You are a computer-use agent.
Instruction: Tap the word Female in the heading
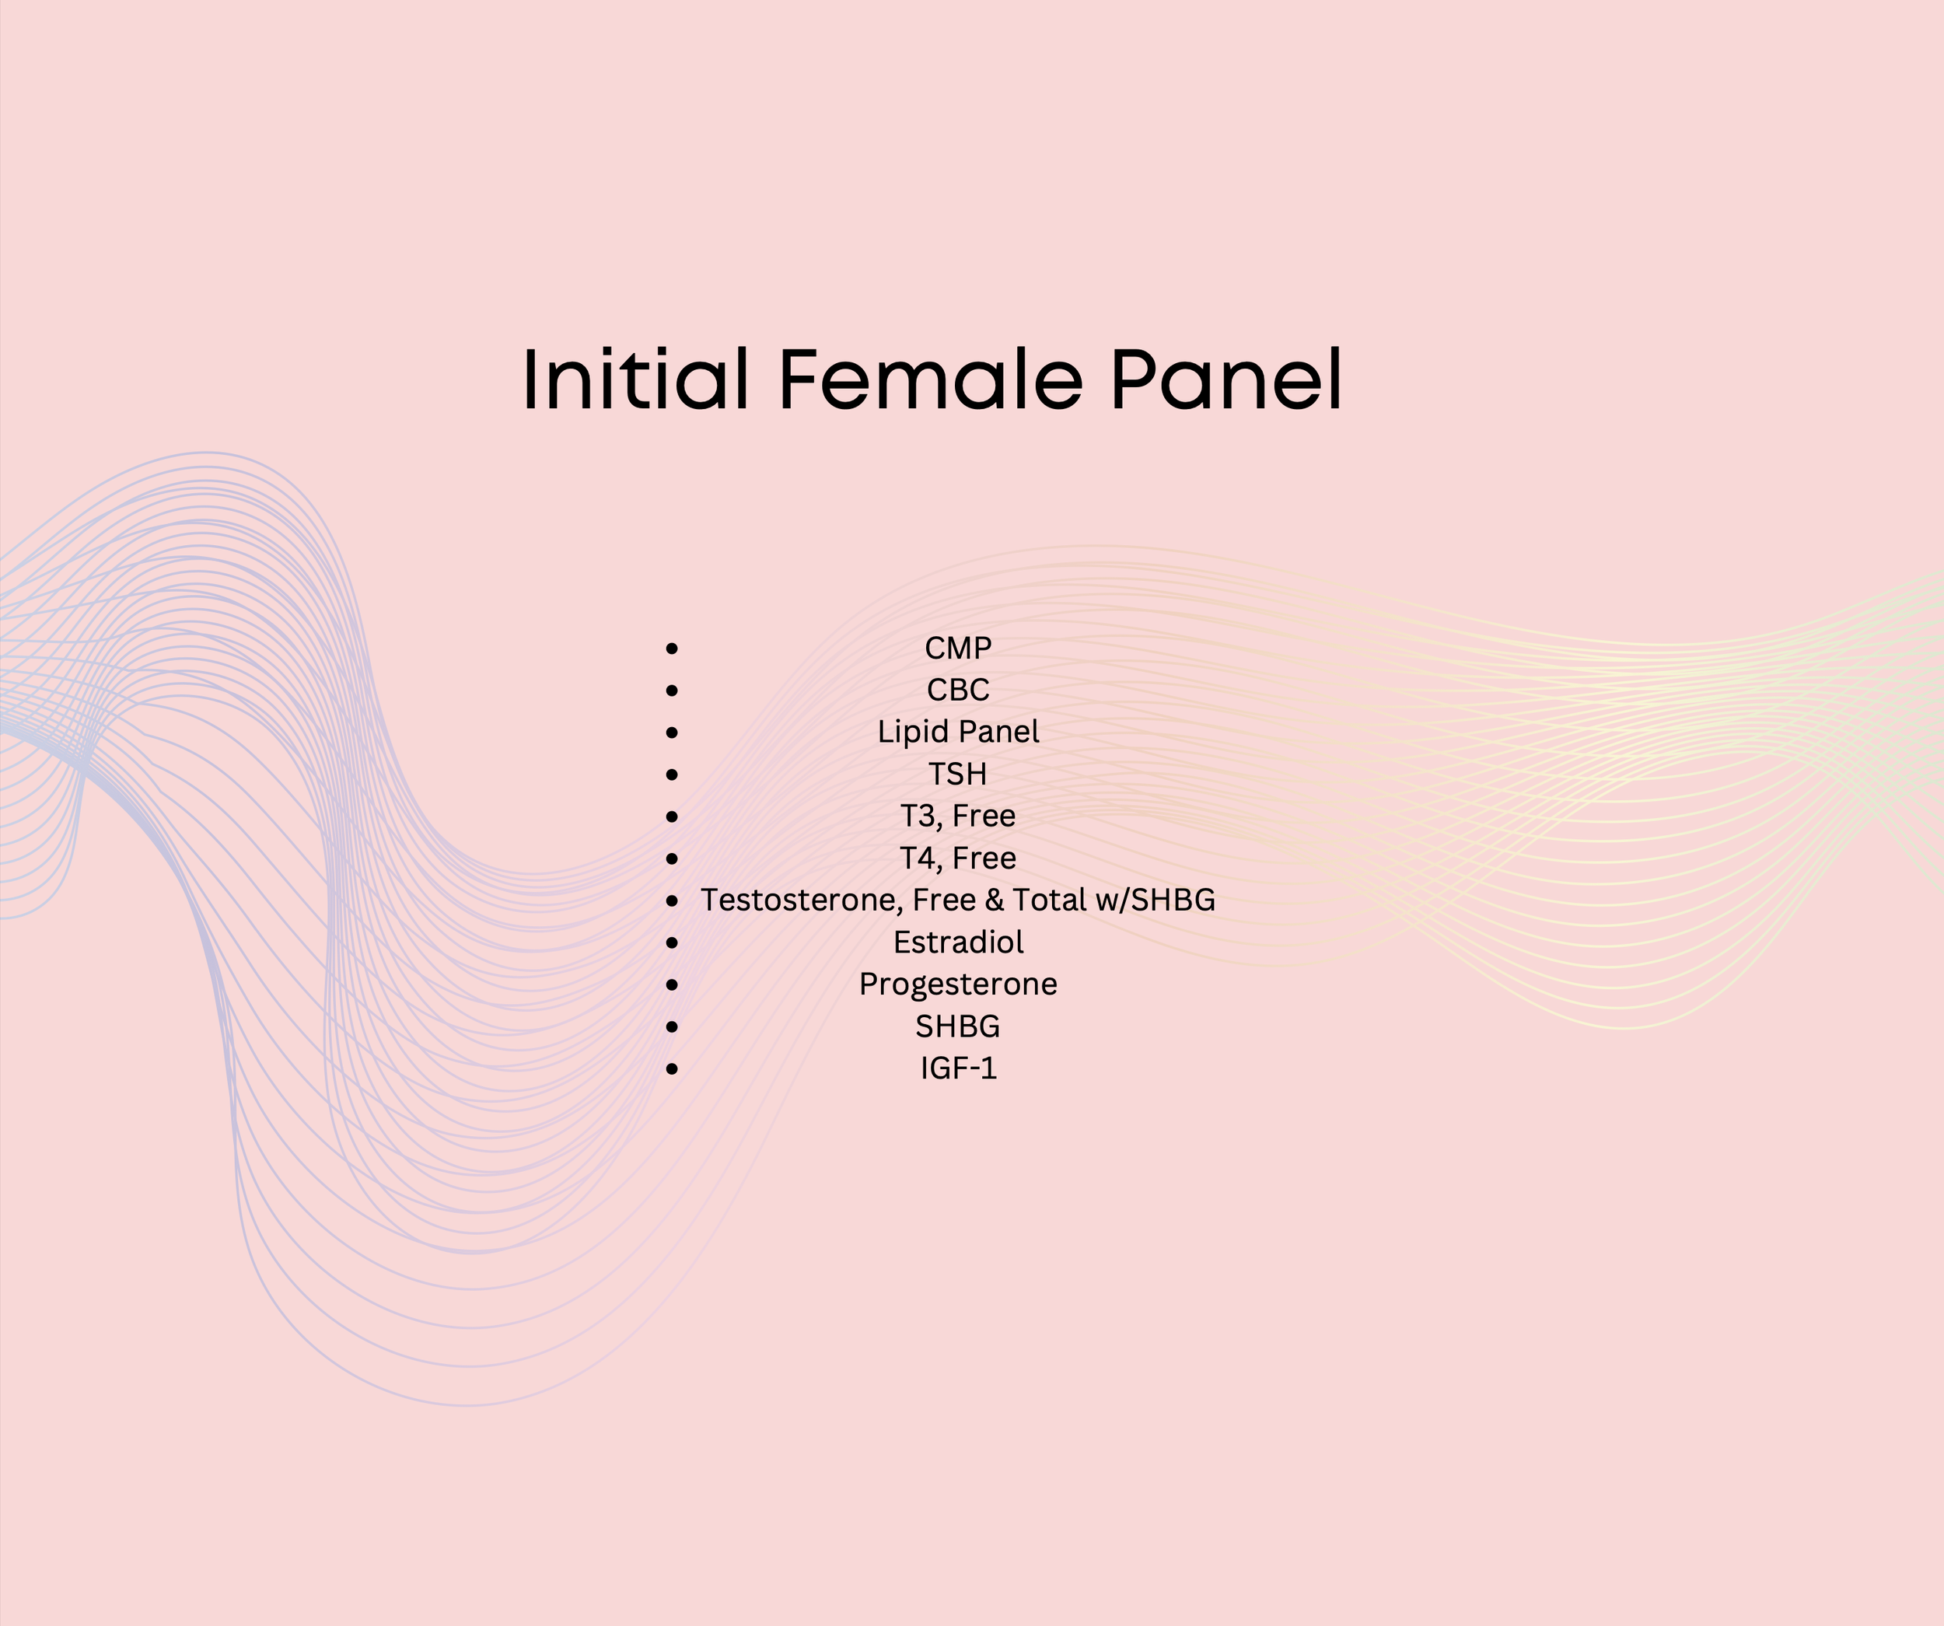tap(929, 379)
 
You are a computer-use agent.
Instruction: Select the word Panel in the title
tap(1225, 379)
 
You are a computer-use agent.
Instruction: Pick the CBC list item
tap(958, 690)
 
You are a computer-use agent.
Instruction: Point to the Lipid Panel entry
tap(958, 732)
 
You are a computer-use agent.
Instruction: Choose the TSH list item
tap(958, 774)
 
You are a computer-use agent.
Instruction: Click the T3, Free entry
tap(958, 816)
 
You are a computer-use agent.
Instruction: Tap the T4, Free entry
tap(958, 858)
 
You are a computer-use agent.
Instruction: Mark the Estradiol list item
tap(958, 942)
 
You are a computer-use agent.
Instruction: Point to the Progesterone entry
tap(958, 984)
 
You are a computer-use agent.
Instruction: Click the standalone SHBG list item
tap(958, 1026)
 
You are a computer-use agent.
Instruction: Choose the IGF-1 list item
tap(958, 1068)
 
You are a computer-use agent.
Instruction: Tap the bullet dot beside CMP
tap(672, 649)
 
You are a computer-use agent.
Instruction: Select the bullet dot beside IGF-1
tap(672, 1069)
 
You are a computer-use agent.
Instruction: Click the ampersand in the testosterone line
tap(995, 900)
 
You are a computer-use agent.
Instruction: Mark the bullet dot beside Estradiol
tap(672, 943)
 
